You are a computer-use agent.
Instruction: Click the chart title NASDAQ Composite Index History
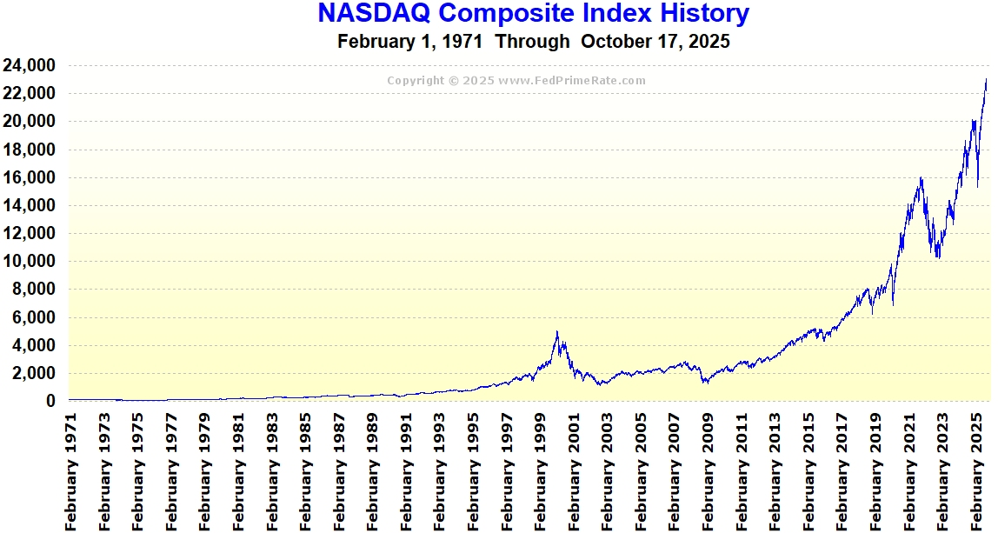[x=533, y=14]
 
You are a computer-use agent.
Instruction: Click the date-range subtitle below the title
[x=533, y=41]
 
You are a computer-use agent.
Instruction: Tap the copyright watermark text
[x=516, y=81]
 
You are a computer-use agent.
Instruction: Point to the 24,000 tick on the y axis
[x=30, y=65]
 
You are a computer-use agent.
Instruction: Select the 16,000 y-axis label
[x=30, y=177]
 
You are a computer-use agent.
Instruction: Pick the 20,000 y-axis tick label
[x=30, y=122]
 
